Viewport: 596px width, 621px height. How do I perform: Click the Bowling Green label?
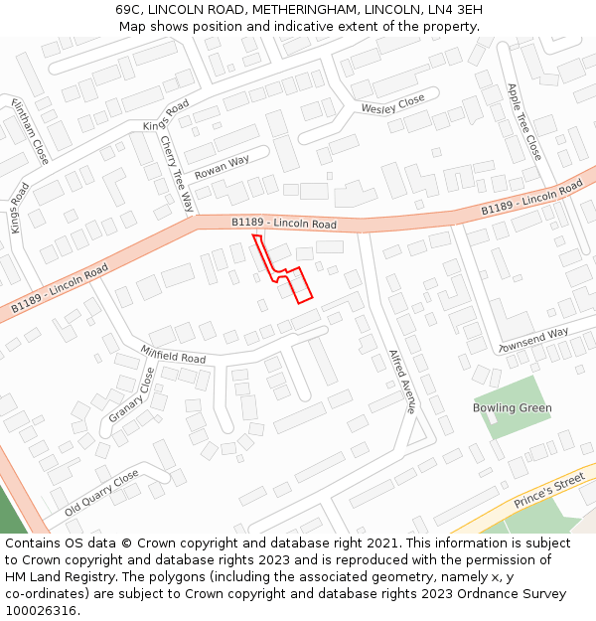[512, 408]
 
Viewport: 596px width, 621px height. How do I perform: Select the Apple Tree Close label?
[523, 121]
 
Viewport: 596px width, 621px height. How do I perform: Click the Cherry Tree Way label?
[177, 173]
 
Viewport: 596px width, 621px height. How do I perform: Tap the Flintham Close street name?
[30, 131]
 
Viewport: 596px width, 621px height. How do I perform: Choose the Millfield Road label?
[173, 355]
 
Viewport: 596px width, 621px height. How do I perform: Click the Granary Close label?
[132, 395]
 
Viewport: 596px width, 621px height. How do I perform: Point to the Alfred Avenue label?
[401, 381]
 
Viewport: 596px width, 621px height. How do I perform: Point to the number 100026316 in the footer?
[42, 611]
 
